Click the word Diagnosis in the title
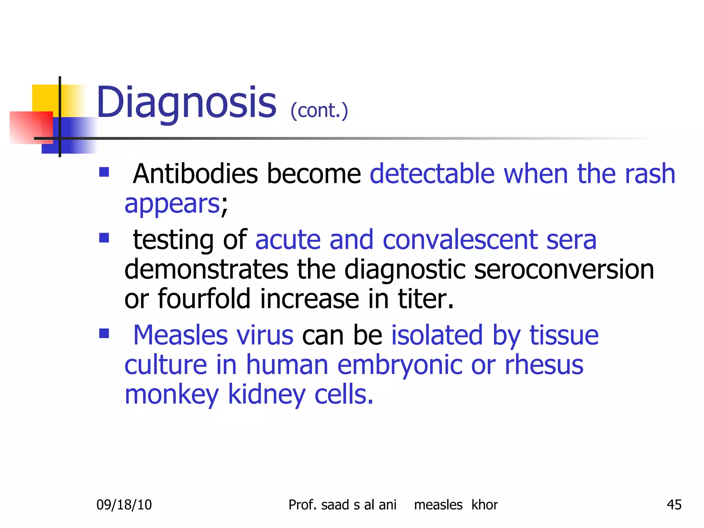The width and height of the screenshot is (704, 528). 186,102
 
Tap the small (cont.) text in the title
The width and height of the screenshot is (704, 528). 319,111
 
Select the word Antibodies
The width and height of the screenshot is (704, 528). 195,174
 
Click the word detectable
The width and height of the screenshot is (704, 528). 432,174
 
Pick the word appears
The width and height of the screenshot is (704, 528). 172,204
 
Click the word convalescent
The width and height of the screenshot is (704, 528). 460,240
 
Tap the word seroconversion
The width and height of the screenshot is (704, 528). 564,269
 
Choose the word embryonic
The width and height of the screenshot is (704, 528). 399,365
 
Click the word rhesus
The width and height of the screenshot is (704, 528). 544,365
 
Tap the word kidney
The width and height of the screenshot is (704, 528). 266,395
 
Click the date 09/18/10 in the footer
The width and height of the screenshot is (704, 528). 124,505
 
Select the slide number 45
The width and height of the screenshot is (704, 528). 674,505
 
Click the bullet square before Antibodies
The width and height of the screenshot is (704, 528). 104,172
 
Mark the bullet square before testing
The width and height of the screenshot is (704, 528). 104,238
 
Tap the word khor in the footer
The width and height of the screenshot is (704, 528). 484,505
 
